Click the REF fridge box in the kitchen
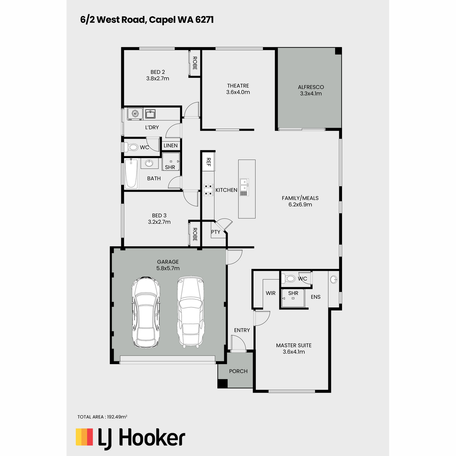pyautogui.click(x=208, y=162)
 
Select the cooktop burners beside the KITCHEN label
pyautogui.click(x=208, y=190)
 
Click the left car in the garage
pyautogui.click(x=146, y=312)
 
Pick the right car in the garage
pyautogui.click(x=190, y=312)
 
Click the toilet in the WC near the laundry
pyautogui.click(x=130, y=147)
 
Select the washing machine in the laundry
pyautogui.click(x=135, y=114)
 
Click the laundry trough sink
pyautogui.click(x=150, y=114)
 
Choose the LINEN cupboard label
pyautogui.click(x=170, y=146)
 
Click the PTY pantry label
pyautogui.click(x=215, y=232)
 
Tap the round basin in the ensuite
pyautogui.click(x=334, y=279)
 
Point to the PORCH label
pyautogui.click(x=238, y=371)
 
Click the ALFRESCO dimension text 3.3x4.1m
pyautogui.click(x=311, y=93)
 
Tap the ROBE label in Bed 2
pyautogui.click(x=195, y=63)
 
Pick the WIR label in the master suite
pyautogui.click(x=271, y=293)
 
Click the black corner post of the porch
pyautogui.click(x=222, y=383)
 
